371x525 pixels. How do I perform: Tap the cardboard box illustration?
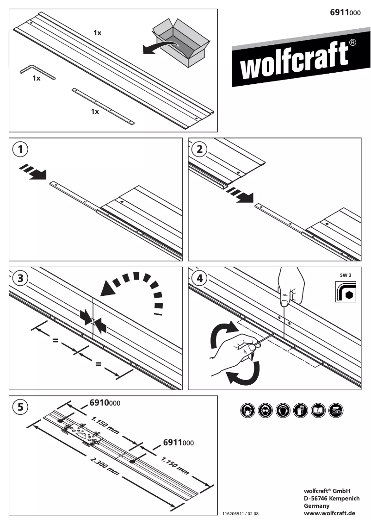pos(178,42)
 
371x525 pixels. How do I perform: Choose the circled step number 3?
pos(20,278)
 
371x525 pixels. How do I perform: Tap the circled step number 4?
pos(199,278)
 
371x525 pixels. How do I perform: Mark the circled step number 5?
pos(20,407)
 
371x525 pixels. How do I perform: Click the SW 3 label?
pos(346,275)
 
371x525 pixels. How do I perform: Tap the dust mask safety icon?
pos(247,411)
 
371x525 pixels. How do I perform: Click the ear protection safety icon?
pos(282,411)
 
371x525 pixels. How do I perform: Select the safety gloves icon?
pos(300,411)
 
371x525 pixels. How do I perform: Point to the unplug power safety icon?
pos(335,411)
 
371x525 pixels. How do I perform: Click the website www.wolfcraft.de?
pos(329,513)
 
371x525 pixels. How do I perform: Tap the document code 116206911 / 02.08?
pos(241,514)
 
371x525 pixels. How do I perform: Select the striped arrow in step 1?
pos(33,171)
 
